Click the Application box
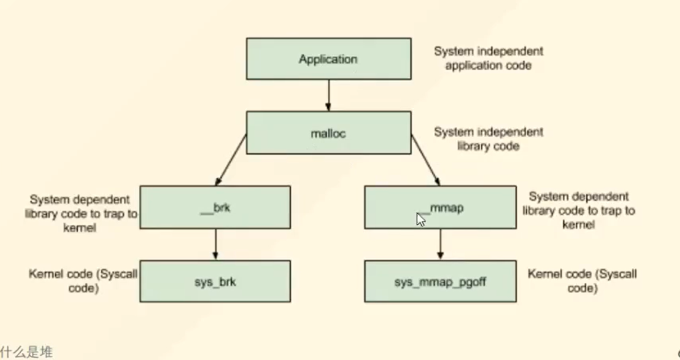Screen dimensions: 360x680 tap(329, 59)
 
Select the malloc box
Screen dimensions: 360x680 tap(329, 133)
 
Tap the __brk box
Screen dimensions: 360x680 tap(215, 207)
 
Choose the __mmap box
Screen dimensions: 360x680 tap(440, 207)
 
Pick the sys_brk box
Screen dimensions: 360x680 tap(215, 282)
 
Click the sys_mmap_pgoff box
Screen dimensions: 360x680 tap(440, 282)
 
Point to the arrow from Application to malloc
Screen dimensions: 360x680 tap(329, 95)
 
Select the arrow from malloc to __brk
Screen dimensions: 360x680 tap(231, 160)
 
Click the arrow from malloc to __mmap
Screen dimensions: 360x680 tap(426, 160)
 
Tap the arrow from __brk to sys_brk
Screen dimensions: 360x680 tap(215, 244)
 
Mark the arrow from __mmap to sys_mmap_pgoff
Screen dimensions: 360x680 tap(440, 244)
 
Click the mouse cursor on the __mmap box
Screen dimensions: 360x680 tap(420, 220)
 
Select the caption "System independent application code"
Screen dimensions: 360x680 tap(489, 58)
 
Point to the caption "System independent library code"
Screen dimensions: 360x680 tap(489, 139)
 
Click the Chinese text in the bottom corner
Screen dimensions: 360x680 tap(27, 352)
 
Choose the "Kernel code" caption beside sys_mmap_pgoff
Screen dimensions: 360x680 tap(582, 281)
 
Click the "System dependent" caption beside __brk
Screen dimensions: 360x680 tap(80, 214)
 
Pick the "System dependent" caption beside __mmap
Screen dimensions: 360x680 tap(579, 210)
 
